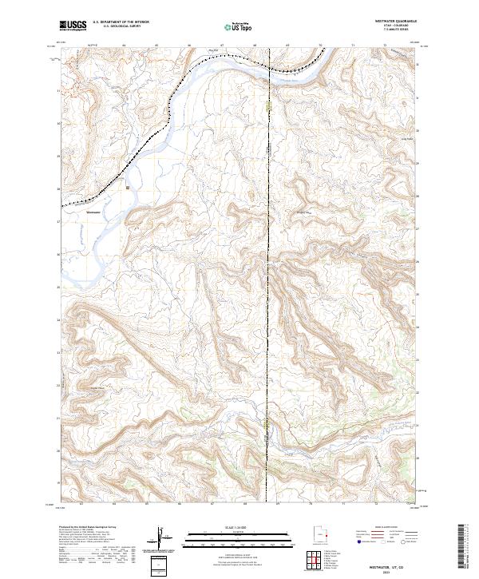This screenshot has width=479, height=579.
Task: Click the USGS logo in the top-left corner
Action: (73, 26)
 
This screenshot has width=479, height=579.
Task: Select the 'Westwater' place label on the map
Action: (93, 212)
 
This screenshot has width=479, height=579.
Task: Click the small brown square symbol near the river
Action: (128, 188)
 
